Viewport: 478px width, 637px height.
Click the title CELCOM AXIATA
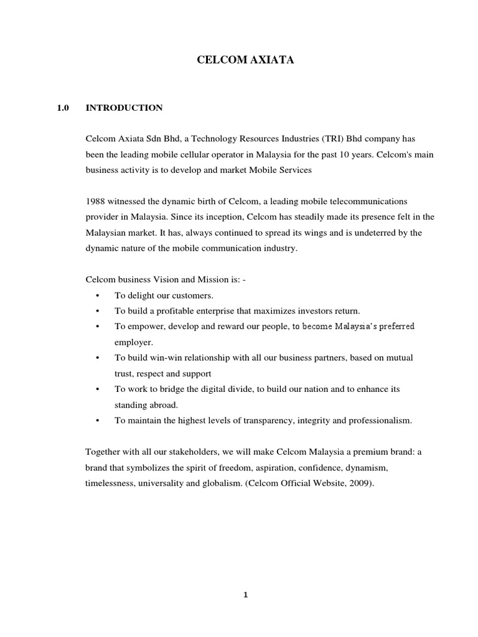tap(238, 60)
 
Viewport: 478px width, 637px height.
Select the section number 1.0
tap(62, 108)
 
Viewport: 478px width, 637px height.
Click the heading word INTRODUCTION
tap(124, 108)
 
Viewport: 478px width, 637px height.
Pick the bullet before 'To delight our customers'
tap(98, 295)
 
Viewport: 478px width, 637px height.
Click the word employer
tap(133, 342)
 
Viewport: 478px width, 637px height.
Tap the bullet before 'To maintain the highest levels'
tap(98, 421)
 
